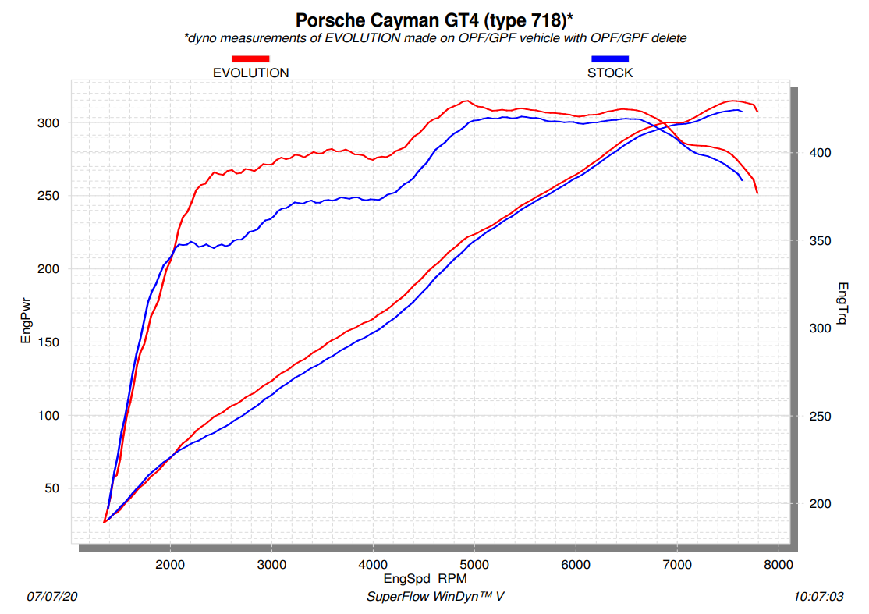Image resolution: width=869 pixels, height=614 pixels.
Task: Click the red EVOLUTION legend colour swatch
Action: tap(250, 59)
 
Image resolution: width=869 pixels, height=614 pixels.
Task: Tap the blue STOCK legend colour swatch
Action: tap(610, 59)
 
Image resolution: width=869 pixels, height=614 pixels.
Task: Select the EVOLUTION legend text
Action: tap(250, 73)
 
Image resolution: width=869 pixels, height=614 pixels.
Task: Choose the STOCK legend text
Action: tap(610, 73)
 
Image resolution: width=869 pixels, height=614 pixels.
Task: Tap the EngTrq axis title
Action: tap(842, 305)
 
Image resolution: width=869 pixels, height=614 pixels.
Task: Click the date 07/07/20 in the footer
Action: tap(53, 597)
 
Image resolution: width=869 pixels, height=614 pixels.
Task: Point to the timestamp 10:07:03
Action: tap(818, 597)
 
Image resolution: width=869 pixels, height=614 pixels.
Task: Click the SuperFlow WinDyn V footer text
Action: tap(434, 597)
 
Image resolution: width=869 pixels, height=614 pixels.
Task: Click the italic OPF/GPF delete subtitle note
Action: tap(434, 37)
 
